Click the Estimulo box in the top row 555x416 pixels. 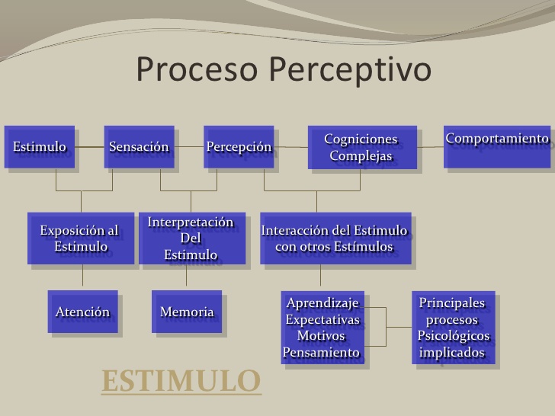[40, 146]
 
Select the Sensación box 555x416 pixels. [139, 146]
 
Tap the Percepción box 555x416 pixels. [239, 146]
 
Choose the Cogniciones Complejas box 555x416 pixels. [361, 147]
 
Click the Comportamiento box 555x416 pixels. [497, 145]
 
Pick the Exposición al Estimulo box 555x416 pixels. [81, 238]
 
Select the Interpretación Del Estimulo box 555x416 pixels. [191, 238]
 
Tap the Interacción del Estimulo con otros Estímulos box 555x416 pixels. [335, 238]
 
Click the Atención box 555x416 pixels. [82, 312]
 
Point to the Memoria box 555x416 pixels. [187, 312]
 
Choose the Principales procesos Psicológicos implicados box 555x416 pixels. [453, 328]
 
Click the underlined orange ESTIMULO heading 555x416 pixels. [181, 382]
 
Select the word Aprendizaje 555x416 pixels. [322, 303]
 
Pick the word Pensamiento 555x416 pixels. [321, 353]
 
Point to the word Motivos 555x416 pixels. [321, 336]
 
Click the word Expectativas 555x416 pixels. [322, 320]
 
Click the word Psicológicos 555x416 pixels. [453, 336]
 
